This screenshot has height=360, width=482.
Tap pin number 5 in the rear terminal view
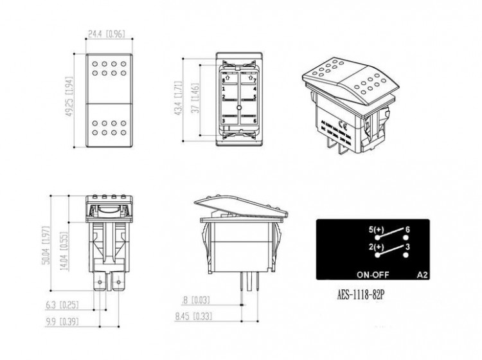tap(255, 98)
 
